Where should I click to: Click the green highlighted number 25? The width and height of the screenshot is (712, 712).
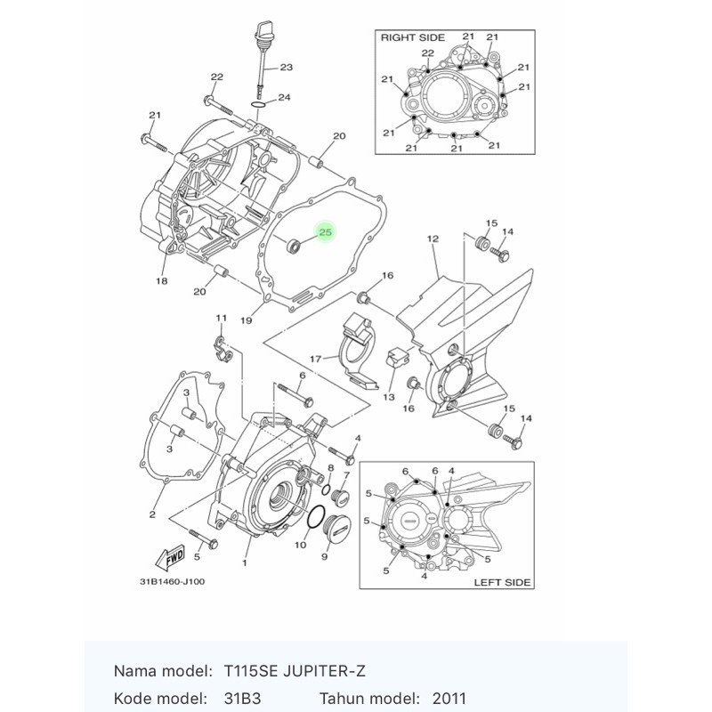[x=326, y=232]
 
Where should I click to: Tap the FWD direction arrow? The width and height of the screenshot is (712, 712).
[x=170, y=557]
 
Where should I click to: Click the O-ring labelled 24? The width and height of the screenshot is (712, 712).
[x=258, y=105]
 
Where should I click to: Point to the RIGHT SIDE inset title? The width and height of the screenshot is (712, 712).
[x=412, y=37]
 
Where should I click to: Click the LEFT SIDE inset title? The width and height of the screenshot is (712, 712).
[x=502, y=582]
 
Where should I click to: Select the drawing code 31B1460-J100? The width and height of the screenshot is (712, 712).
[x=172, y=582]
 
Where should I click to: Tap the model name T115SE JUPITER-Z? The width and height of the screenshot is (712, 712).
[x=295, y=671]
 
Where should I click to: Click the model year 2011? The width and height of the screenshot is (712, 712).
[x=449, y=699]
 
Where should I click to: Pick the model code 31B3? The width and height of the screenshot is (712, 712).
[x=242, y=699]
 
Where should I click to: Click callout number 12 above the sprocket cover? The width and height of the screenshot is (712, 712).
[x=433, y=239]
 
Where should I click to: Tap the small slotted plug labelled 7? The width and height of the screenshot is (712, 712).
[x=341, y=498]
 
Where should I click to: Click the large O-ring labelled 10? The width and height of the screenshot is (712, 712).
[x=316, y=517]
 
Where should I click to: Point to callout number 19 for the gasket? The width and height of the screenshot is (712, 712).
[x=247, y=320]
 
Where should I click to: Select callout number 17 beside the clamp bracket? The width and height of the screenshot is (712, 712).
[x=316, y=359]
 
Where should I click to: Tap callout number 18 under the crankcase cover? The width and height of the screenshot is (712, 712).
[x=162, y=281]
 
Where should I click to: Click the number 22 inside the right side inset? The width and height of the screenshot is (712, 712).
[x=428, y=53]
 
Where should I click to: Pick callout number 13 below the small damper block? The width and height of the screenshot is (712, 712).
[x=389, y=397]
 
